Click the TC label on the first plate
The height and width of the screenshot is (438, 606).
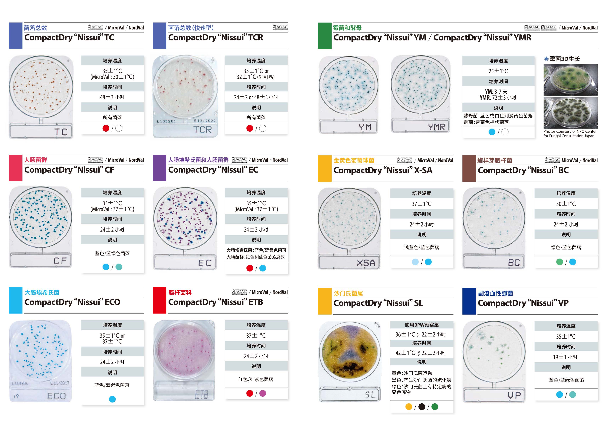[x=61, y=132]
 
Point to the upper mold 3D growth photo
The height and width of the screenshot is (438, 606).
[x=570, y=80]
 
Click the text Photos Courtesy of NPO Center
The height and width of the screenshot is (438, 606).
[x=570, y=131]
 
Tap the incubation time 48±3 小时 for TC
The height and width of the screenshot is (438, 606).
[x=112, y=97]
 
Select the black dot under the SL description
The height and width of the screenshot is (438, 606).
[x=422, y=407]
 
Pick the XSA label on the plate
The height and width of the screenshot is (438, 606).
[x=366, y=263]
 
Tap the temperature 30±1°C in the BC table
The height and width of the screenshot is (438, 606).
[x=566, y=204]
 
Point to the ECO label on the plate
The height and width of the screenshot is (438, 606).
[x=56, y=396]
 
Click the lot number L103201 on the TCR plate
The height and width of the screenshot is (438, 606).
[x=166, y=121]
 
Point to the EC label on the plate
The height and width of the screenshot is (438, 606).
[x=205, y=263]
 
